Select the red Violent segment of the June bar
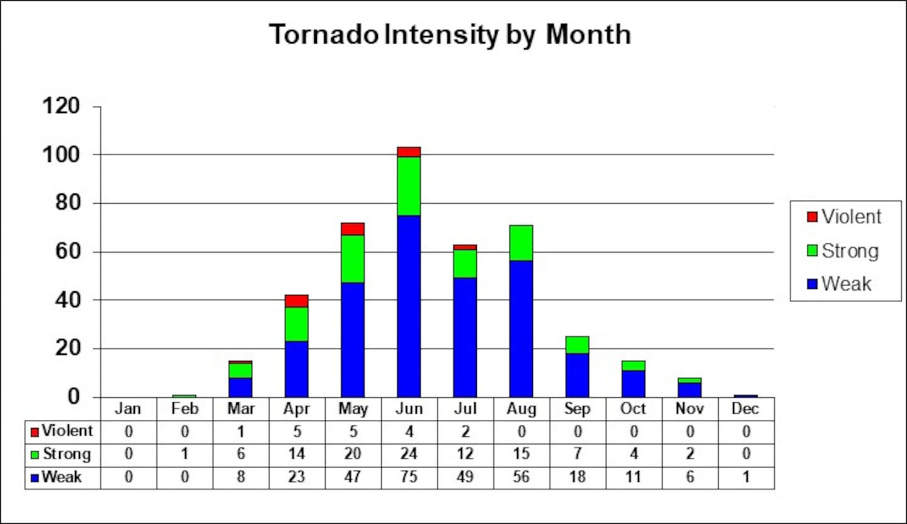point(409,152)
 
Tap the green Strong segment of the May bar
point(353,259)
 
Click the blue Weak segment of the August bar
point(521,329)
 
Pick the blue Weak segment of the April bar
point(297,369)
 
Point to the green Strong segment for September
point(577,345)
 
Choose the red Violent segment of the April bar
point(297,301)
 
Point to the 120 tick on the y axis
point(62,106)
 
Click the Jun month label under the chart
point(409,409)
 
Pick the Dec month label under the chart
point(746,409)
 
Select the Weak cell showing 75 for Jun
point(409,477)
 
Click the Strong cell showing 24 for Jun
point(409,455)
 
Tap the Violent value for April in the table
point(297,432)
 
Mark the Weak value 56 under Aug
point(521,477)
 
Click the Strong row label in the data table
point(66,454)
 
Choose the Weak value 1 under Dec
point(746,477)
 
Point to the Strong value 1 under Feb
point(185,455)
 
